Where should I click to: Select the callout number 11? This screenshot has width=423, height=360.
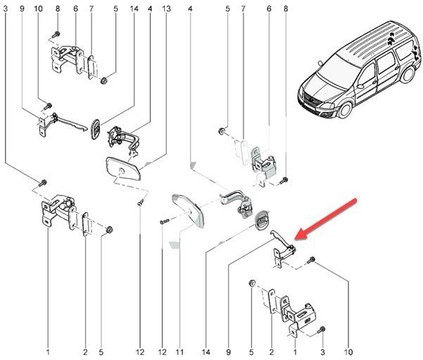click(179, 351)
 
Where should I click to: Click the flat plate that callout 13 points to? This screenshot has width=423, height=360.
click(122, 170)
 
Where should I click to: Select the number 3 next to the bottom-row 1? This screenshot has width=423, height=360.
click(322, 351)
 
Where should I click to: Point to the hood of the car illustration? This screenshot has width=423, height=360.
click(320, 84)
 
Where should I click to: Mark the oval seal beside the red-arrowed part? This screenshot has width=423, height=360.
click(260, 219)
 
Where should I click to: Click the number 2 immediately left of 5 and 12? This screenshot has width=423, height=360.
click(84, 351)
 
